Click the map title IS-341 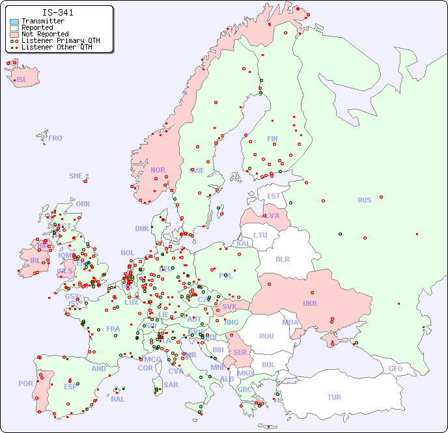(57, 12)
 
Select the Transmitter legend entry (42, 21)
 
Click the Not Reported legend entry (44, 34)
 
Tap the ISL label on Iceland (22, 80)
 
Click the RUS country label (364, 200)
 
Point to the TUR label (334, 397)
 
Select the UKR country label (309, 303)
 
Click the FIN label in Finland (272, 139)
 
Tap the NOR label (158, 170)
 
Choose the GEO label (395, 369)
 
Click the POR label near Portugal (25, 384)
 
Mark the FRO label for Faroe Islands (55, 138)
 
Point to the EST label (273, 196)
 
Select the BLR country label (282, 258)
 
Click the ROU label (266, 336)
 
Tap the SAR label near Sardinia (171, 385)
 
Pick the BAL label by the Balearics (117, 399)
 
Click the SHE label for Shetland (76, 176)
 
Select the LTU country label (260, 235)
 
